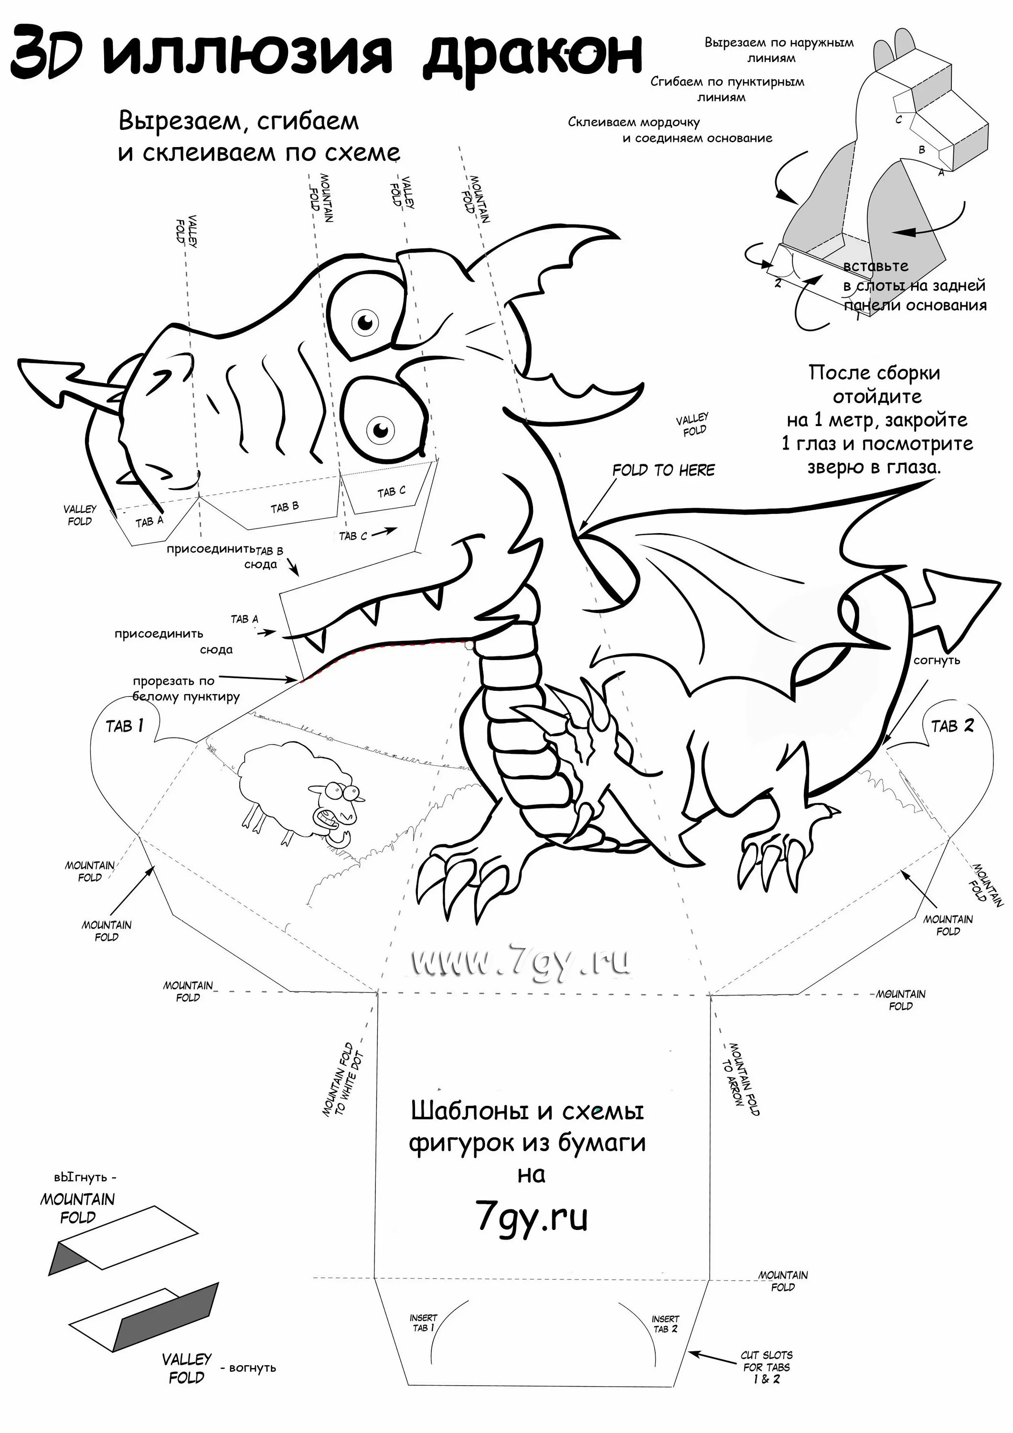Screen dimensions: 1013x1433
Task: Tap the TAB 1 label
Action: [124, 726]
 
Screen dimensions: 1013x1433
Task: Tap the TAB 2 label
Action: [952, 726]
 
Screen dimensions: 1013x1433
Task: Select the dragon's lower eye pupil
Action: [380, 429]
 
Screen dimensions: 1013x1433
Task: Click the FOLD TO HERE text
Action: [663, 470]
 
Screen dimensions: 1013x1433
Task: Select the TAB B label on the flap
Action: [285, 507]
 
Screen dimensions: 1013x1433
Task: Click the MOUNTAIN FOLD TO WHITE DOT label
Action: [342, 1083]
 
